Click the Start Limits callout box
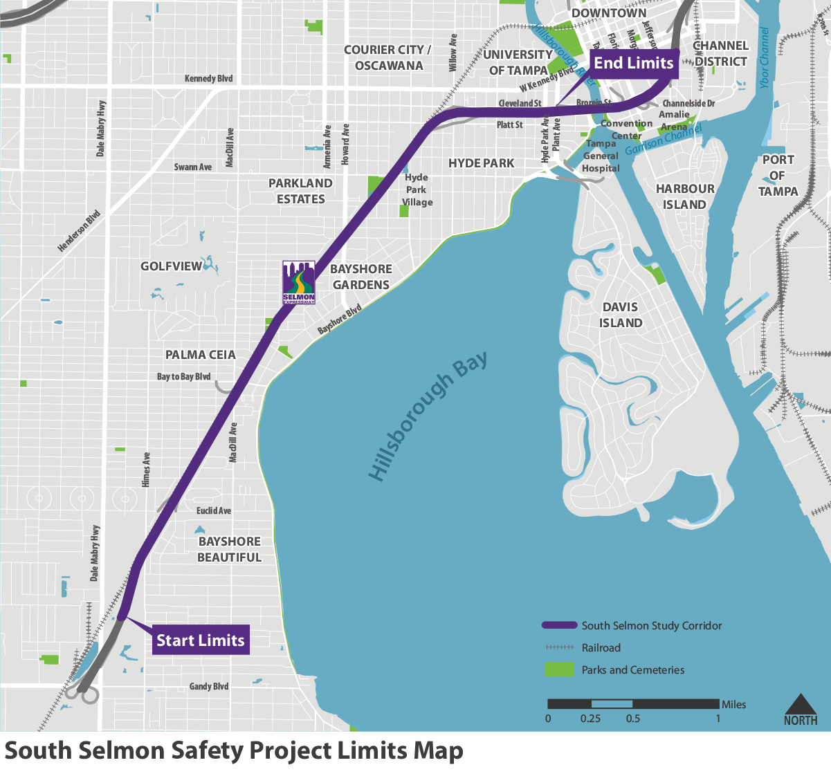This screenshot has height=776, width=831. [x=201, y=640]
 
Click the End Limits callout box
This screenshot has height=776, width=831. [x=633, y=63]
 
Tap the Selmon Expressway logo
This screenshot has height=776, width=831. [x=299, y=283]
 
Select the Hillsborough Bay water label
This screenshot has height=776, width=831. [x=428, y=417]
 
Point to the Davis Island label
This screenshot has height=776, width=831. [x=621, y=315]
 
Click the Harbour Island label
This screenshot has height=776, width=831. [x=685, y=196]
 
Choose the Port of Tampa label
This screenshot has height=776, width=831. [x=778, y=176]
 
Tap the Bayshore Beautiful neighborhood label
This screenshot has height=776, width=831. [x=230, y=549]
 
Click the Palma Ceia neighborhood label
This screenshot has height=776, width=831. [x=201, y=355]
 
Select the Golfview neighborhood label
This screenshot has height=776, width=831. [x=172, y=266]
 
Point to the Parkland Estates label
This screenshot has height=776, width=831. [x=300, y=191]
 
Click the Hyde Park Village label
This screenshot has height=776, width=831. [x=417, y=190]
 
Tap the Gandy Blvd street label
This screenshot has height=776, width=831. [x=209, y=686]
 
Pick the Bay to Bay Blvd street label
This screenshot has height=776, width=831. [x=183, y=376]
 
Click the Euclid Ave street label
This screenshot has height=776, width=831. [x=214, y=510]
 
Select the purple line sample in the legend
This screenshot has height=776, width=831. [x=559, y=625]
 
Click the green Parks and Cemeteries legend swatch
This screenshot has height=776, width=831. [x=559, y=669]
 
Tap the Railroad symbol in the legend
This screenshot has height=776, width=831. [x=559, y=647]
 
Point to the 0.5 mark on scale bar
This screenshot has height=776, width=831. [x=632, y=704]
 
